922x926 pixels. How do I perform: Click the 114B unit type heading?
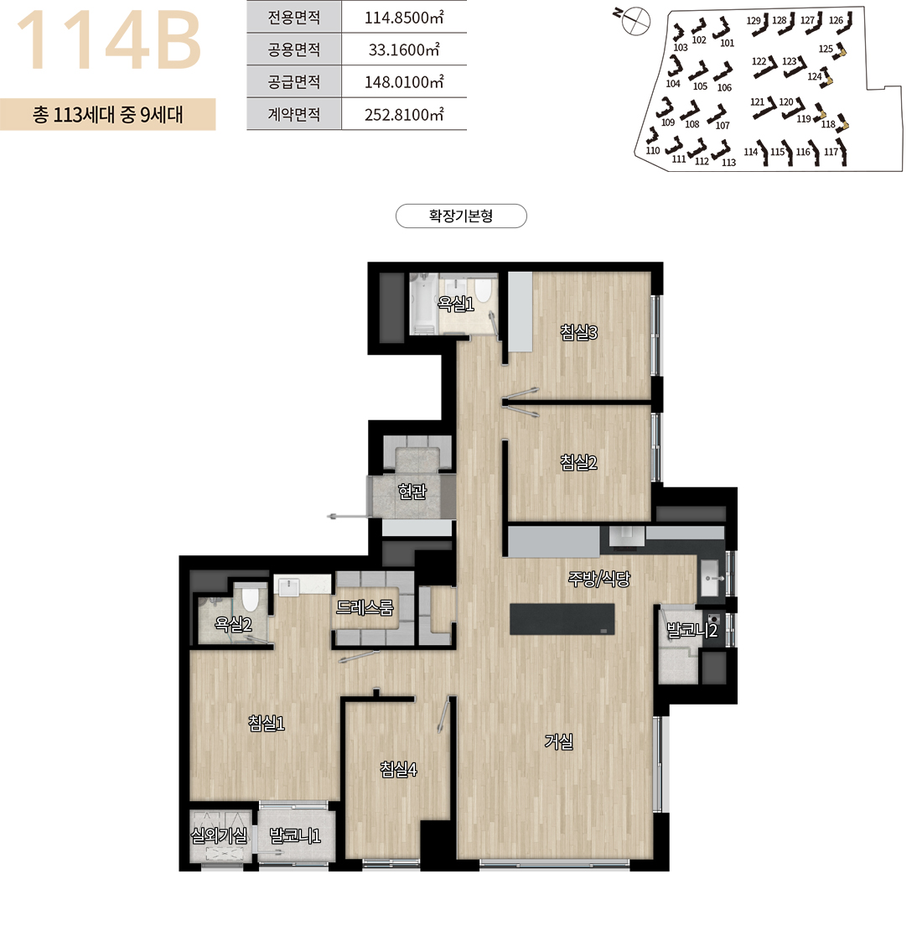tap(109, 40)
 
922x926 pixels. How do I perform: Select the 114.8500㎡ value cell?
tap(404, 17)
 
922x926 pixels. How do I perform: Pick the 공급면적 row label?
tap(294, 81)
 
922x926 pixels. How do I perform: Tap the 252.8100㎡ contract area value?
tap(404, 115)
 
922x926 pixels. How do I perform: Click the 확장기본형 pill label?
tap(461, 216)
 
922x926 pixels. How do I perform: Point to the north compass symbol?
tap(633, 21)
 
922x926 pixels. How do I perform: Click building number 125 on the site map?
tap(826, 49)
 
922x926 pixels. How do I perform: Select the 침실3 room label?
tap(578, 332)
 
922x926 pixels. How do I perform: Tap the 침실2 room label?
tap(578, 462)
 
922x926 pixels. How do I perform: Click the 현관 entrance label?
tap(412, 491)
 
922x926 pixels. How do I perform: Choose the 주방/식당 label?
tap(598, 579)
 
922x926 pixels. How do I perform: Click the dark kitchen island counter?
tap(562, 619)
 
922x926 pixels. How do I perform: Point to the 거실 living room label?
tap(558, 741)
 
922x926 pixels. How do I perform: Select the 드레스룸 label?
tap(365, 607)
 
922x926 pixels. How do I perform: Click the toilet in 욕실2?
tap(251, 598)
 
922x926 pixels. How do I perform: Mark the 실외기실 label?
tap(219, 835)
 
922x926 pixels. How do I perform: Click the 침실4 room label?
tap(398, 769)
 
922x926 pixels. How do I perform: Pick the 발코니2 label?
tap(691, 630)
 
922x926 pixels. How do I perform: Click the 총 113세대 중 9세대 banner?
tap(108, 114)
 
